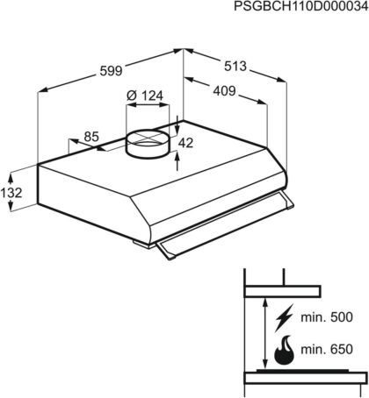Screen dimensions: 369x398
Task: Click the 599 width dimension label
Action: tap(111, 71)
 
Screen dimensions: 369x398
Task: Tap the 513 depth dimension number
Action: tap(235, 67)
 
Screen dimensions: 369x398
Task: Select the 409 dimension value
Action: tap(224, 91)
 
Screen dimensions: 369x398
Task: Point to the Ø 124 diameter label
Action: tap(145, 96)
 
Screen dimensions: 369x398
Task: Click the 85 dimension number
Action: tap(91, 137)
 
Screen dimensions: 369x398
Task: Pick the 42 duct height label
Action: tap(186, 143)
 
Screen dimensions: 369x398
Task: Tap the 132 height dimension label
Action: tap(11, 193)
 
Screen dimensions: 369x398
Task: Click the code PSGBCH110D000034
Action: tap(301, 6)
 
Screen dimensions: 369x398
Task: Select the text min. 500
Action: tap(327, 317)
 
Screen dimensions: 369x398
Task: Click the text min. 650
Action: tap(327, 349)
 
